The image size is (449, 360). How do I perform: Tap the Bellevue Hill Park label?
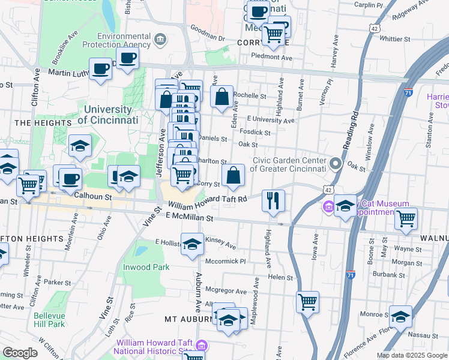[49, 320]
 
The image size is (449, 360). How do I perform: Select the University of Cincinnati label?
[108, 115]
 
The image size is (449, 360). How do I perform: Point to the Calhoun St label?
[93, 196]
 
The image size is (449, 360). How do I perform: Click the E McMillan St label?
[190, 220]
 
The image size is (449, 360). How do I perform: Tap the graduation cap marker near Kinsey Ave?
[192, 244]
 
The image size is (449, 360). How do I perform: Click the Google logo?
[20, 353]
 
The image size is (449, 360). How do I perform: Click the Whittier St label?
[395, 38]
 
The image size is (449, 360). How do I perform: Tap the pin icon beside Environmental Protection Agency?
[160, 40]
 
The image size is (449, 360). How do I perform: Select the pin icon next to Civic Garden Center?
[335, 163]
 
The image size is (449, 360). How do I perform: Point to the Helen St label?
[280, 278]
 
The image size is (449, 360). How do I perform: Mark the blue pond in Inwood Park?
[142, 250]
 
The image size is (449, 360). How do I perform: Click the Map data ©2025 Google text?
[411, 355]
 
